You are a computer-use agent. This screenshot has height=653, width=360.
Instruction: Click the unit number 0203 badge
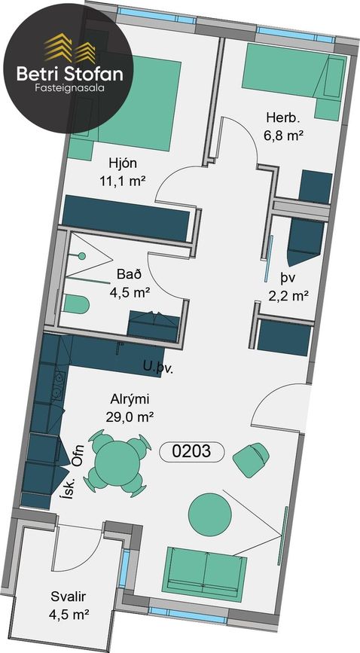pos(192,451)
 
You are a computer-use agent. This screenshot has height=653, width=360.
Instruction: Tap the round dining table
pos(117,463)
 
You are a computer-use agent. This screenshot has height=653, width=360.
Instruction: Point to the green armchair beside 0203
pos(251,459)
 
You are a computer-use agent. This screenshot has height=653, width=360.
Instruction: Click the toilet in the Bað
pos(76,304)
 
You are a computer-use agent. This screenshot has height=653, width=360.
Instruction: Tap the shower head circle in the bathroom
pos(82,256)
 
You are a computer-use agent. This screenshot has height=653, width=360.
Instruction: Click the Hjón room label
pos(122,163)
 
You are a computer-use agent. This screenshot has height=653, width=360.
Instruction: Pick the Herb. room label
pos(283,117)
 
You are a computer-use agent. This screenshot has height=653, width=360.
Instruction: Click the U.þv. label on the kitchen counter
pos(157,368)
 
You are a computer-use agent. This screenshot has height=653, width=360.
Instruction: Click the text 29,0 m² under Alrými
pos(128,417)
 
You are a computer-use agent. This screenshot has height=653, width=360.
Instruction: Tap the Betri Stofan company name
pos(69,74)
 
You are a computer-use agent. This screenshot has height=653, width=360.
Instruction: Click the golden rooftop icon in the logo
pos(70,47)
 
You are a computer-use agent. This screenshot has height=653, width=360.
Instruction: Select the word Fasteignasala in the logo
pos(69,88)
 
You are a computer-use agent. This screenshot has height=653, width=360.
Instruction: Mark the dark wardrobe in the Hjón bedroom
pos(126,218)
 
